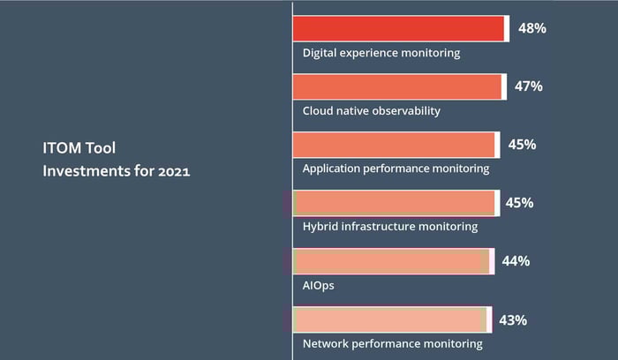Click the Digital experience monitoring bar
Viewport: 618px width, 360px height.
coord(399,28)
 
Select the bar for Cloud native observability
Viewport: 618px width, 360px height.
coord(397,86)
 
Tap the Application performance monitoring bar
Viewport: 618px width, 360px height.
coord(395,145)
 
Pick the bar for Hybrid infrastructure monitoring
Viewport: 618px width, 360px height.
coord(395,203)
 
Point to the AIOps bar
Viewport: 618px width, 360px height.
coord(392,261)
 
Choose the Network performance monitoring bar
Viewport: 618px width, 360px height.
coord(390,319)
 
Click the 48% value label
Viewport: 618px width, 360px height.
coord(531,28)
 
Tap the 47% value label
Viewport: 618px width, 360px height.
coord(528,86)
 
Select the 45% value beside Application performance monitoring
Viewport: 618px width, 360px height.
coord(522,145)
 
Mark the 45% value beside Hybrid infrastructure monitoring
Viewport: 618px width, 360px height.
coord(519,203)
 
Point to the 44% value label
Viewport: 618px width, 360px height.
coord(516,261)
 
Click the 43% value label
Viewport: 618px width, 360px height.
coord(513,319)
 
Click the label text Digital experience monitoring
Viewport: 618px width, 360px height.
coord(381,53)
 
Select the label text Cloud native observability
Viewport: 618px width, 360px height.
coord(371,111)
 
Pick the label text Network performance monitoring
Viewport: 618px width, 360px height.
coord(393,344)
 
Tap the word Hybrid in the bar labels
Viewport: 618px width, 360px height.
coord(320,227)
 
